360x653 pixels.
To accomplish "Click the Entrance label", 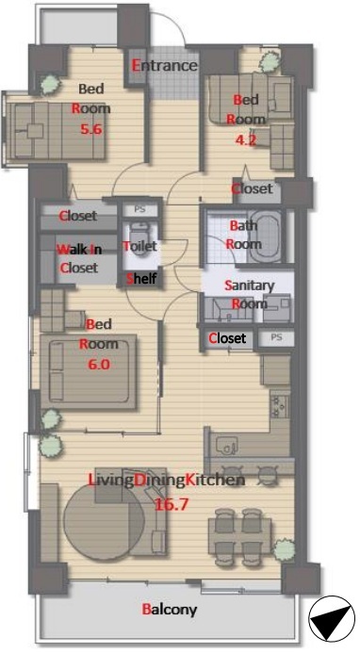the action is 165,65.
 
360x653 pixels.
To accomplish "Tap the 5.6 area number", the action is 91,129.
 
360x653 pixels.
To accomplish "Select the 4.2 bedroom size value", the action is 245,140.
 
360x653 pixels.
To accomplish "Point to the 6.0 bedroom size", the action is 99,365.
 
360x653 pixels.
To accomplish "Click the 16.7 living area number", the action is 172,504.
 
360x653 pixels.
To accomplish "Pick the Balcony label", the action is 170,610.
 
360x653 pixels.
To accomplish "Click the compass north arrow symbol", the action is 332,618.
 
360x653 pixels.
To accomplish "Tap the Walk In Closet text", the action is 79,258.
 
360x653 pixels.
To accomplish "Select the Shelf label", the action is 141,278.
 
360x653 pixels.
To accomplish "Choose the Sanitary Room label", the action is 250,294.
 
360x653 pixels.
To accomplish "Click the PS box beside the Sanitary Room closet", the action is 276,337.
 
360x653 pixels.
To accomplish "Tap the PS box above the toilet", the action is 140,210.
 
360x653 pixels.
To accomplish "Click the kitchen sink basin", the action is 227,446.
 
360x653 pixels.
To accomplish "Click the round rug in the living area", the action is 105,522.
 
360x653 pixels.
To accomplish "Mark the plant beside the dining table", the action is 285,549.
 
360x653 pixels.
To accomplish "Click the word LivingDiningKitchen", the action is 167,481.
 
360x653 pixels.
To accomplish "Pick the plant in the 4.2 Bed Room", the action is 270,62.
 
